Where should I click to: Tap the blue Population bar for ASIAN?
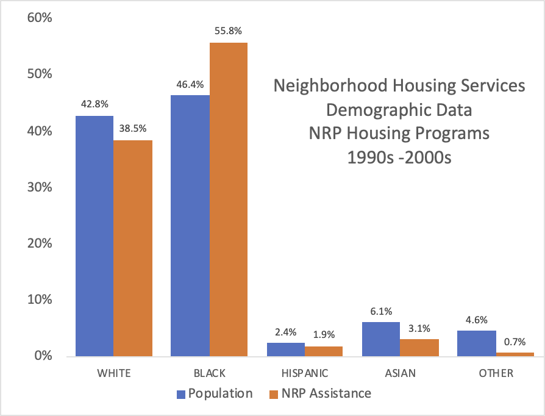click(380, 339)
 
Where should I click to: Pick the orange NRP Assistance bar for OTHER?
click(515, 354)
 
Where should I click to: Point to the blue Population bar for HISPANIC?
click(285, 350)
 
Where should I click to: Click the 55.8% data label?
click(228, 30)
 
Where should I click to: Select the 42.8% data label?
click(94, 104)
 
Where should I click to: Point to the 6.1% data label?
click(381, 310)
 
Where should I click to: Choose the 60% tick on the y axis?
click(40, 18)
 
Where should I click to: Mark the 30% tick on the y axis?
click(40, 187)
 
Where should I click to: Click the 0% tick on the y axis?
click(43, 356)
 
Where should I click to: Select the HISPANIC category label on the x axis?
click(304, 373)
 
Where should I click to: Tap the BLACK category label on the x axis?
click(208, 373)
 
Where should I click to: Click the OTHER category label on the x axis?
click(496, 373)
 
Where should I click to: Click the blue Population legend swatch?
click(181, 394)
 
